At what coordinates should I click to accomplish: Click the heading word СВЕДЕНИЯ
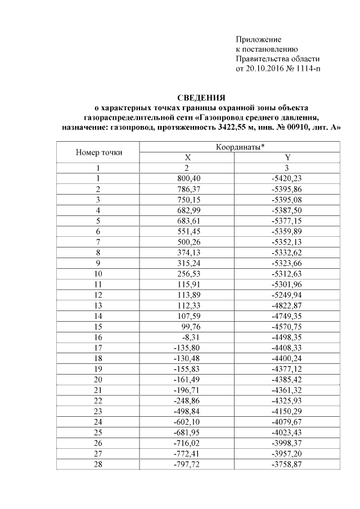point(201,97)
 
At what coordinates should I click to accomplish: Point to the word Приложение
point(258,39)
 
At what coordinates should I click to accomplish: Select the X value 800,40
point(188,178)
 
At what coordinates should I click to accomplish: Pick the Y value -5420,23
point(287,178)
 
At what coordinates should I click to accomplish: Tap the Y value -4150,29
point(287,395)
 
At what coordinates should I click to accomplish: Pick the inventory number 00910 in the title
point(296,128)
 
